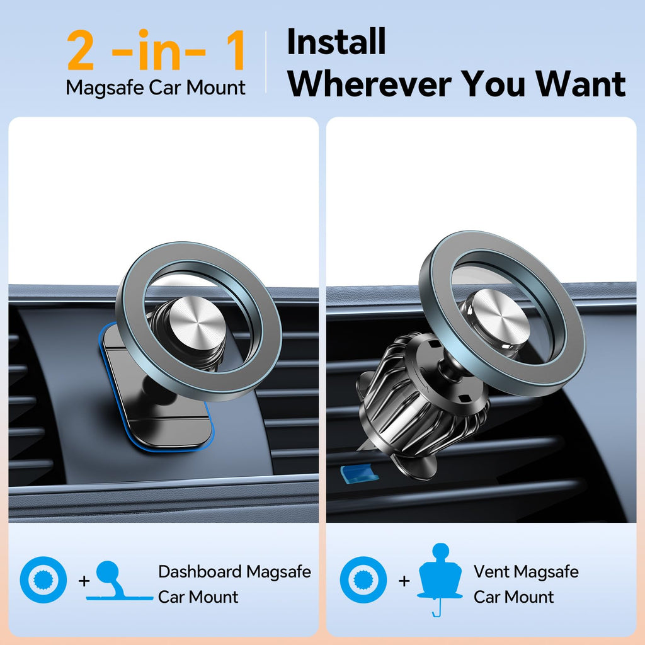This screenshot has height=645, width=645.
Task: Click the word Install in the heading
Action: point(336,42)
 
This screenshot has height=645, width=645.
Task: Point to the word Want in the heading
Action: point(583,83)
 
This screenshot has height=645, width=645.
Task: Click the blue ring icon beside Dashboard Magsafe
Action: point(43,580)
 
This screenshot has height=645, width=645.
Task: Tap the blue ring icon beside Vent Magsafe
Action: point(363,580)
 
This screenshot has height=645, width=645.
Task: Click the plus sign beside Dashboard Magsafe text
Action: point(84,580)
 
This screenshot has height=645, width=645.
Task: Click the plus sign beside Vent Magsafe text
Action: point(404,580)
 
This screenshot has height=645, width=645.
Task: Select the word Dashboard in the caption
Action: point(200,572)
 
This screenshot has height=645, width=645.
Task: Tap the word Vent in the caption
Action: point(492,572)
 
